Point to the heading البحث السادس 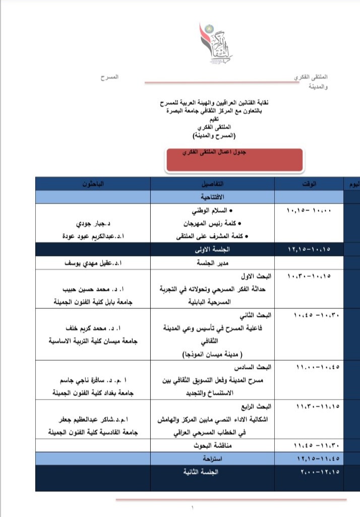[x=257, y=366]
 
